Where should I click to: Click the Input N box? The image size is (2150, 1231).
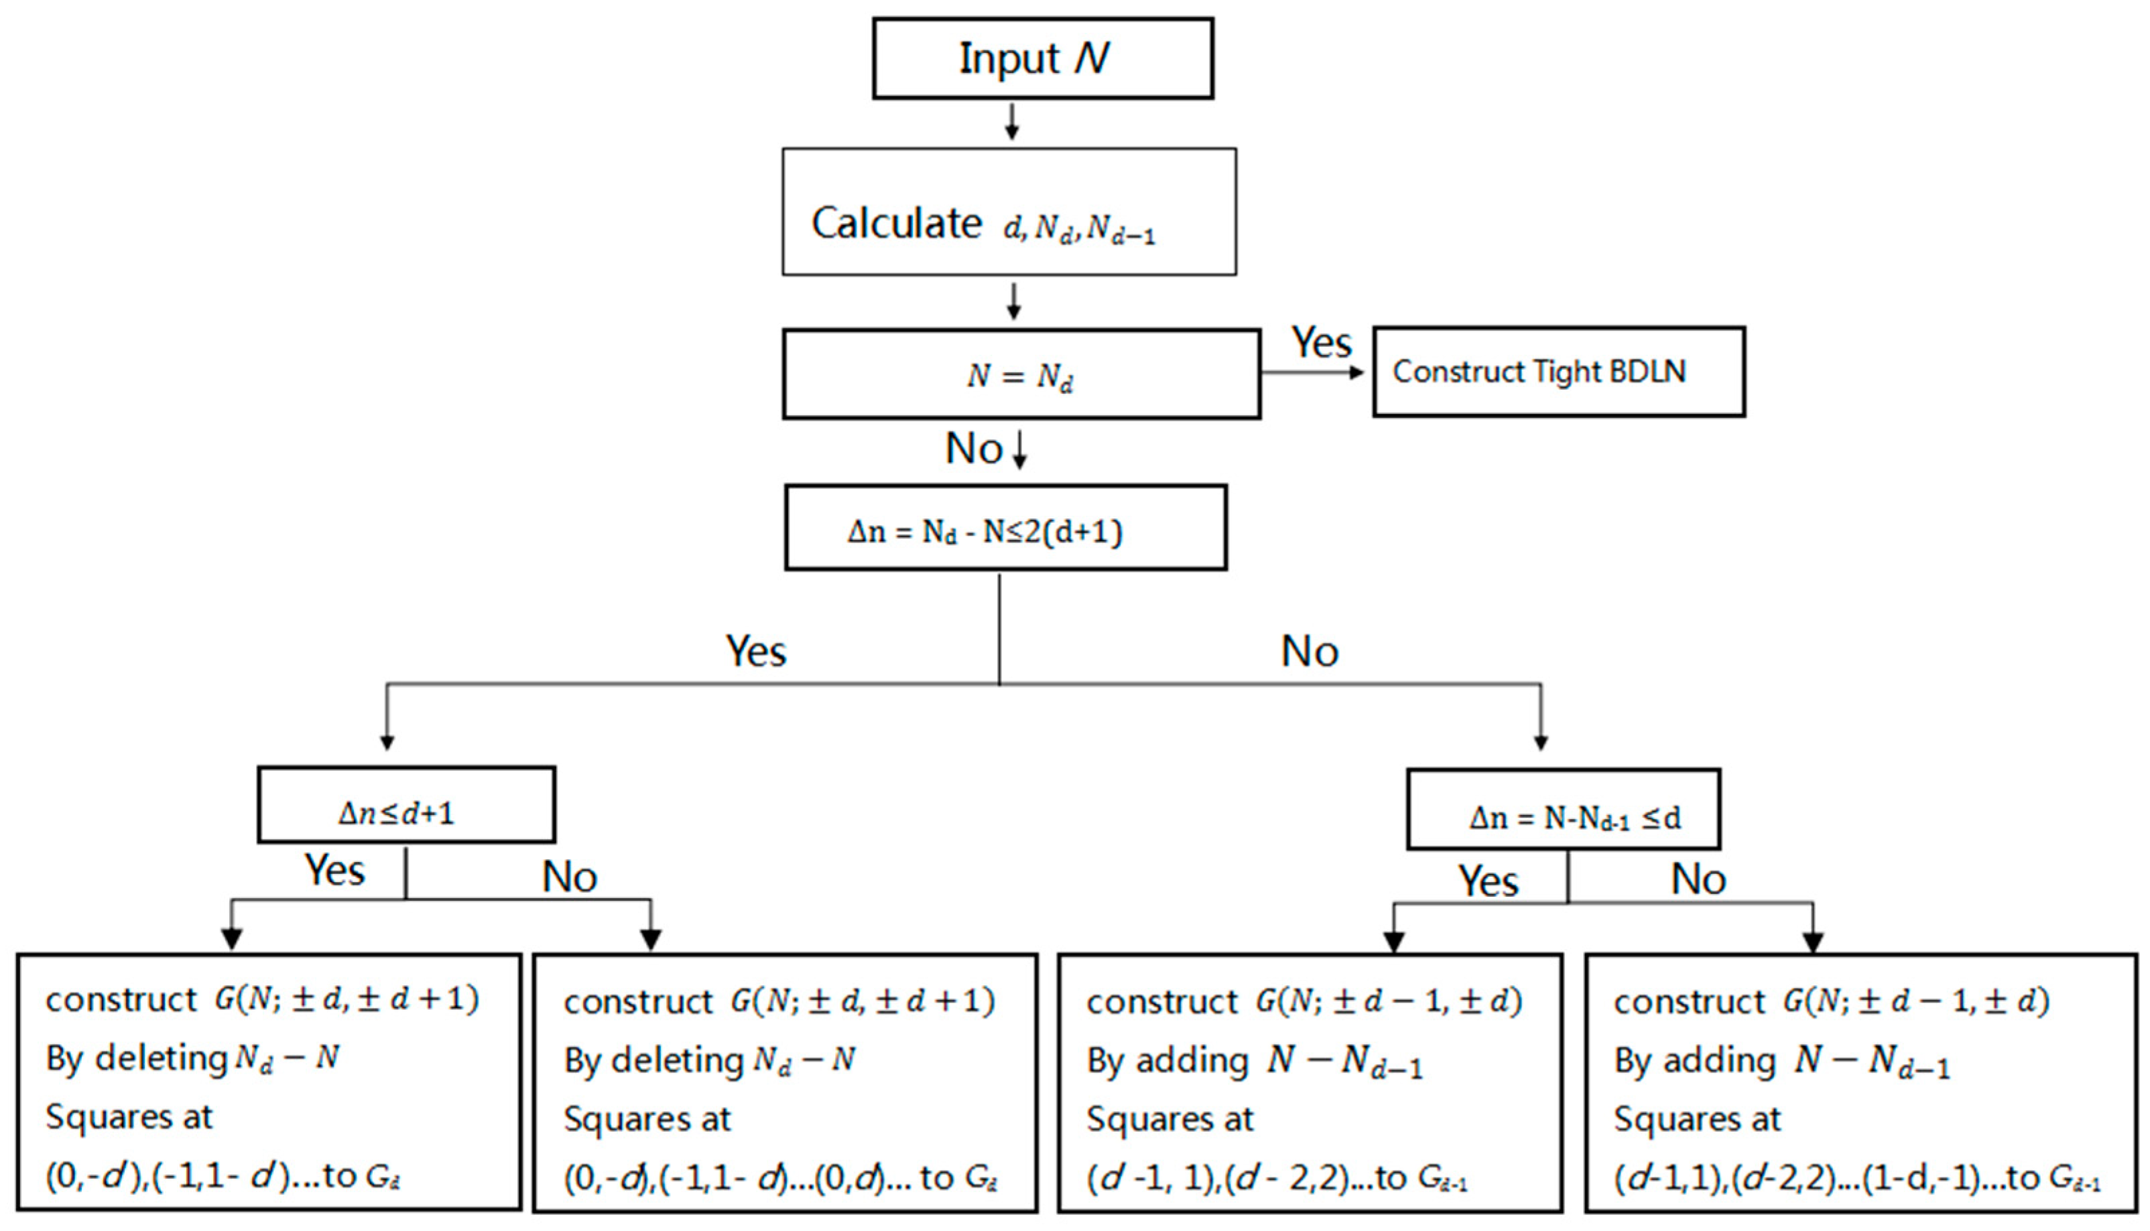[1042, 58]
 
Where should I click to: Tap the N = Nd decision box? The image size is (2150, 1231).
[1021, 374]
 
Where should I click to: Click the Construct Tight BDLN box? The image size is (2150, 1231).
[1558, 372]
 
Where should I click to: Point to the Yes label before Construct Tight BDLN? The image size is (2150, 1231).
[1321, 342]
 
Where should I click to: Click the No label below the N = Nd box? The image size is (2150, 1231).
[972, 448]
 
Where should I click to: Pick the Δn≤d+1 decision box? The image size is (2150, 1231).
[406, 805]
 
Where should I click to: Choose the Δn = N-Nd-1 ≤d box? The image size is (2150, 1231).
[1562, 809]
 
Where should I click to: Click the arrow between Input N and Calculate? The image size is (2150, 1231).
[1011, 123]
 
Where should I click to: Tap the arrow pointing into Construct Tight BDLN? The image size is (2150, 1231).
[1353, 372]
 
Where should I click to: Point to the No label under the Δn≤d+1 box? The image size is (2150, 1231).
[569, 877]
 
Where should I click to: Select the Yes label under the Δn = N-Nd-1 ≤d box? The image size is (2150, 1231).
[1488, 881]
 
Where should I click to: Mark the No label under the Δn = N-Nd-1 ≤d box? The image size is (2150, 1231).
[1698, 879]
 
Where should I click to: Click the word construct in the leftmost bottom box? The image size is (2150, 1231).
[120, 999]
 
